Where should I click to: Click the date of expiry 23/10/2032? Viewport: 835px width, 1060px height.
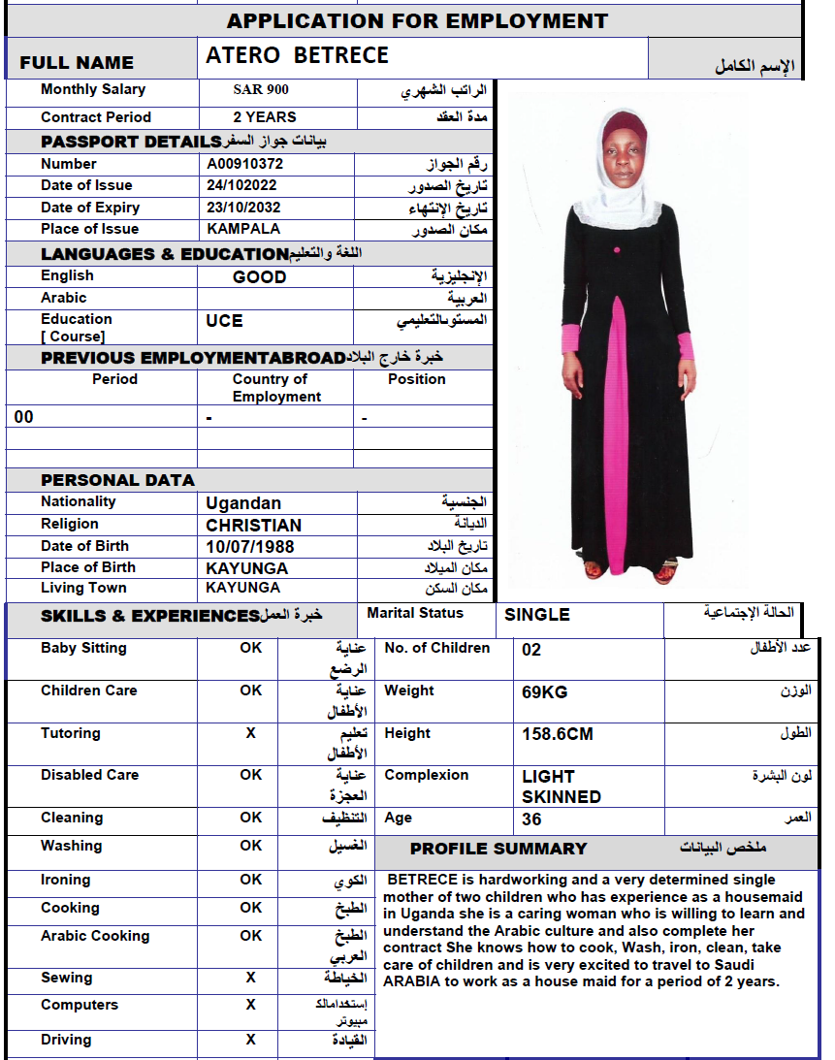(x=241, y=208)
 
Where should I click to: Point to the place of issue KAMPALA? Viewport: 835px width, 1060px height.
(x=243, y=229)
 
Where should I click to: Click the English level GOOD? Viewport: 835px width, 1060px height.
(x=259, y=277)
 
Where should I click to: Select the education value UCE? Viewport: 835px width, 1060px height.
(x=224, y=320)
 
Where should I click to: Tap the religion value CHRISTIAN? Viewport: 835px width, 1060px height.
(x=253, y=525)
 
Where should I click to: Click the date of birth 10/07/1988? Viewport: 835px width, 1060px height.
(x=249, y=546)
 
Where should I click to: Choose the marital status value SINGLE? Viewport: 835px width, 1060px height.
(x=536, y=614)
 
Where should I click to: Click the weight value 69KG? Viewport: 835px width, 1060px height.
(x=544, y=692)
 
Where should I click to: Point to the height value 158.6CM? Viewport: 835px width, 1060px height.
(x=557, y=734)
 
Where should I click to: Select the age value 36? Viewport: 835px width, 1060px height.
(x=531, y=819)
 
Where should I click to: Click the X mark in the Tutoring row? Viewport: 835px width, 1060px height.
(x=250, y=733)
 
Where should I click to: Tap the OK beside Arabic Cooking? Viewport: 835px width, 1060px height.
(x=250, y=936)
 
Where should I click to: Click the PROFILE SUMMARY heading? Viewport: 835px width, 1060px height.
(x=498, y=849)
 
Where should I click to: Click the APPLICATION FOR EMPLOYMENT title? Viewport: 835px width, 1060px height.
(x=417, y=20)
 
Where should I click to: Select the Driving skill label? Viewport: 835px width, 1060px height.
(x=66, y=1040)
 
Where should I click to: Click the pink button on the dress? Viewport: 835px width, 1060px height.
(x=616, y=250)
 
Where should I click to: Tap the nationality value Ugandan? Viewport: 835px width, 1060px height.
(x=243, y=503)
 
